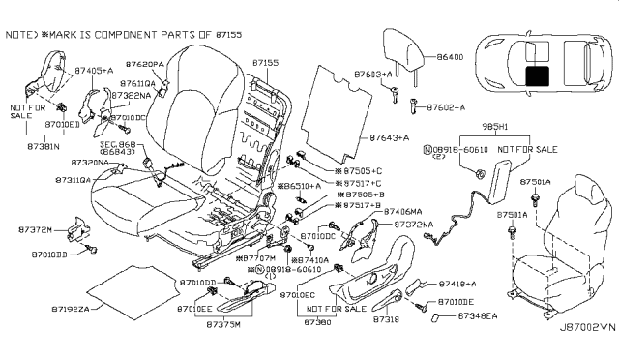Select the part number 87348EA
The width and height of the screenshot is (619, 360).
coord(477,315)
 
